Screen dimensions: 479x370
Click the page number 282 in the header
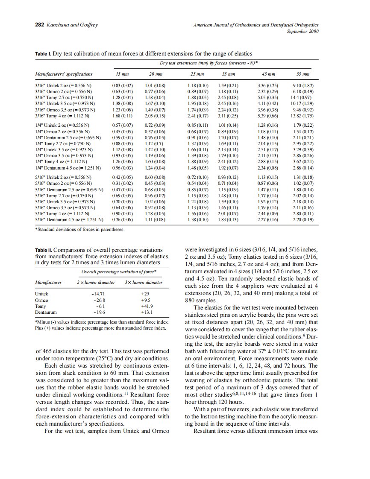click(39, 25)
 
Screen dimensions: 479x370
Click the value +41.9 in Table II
click(147, 306)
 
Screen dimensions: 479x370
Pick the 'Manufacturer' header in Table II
click(48, 282)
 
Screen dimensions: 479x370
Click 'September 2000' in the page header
click(302, 31)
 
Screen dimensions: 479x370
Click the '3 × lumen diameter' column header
click(144, 282)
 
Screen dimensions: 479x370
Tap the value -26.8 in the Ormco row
click(98, 300)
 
